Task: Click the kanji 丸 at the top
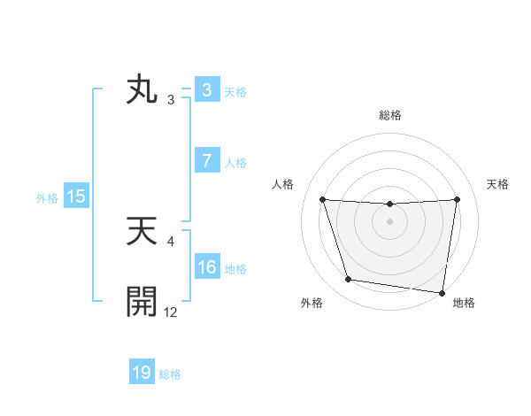(142, 91)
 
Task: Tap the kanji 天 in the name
(142, 233)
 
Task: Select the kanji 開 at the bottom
(142, 302)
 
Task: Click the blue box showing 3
(206, 90)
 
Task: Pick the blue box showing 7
(206, 161)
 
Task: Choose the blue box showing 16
(206, 267)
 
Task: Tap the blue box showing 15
(76, 196)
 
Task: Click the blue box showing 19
(142, 373)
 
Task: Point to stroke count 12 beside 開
(171, 311)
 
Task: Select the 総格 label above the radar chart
(390, 115)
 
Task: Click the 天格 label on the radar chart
(498, 184)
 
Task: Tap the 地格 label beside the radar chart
(464, 303)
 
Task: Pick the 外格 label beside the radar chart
(312, 303)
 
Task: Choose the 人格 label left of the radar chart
(283, 184)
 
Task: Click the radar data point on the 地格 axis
(442, 292)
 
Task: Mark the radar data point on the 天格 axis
(458, 199)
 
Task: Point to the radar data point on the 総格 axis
(389, 204)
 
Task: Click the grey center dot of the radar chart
(389, 221)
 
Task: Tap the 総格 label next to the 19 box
(170, 374)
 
